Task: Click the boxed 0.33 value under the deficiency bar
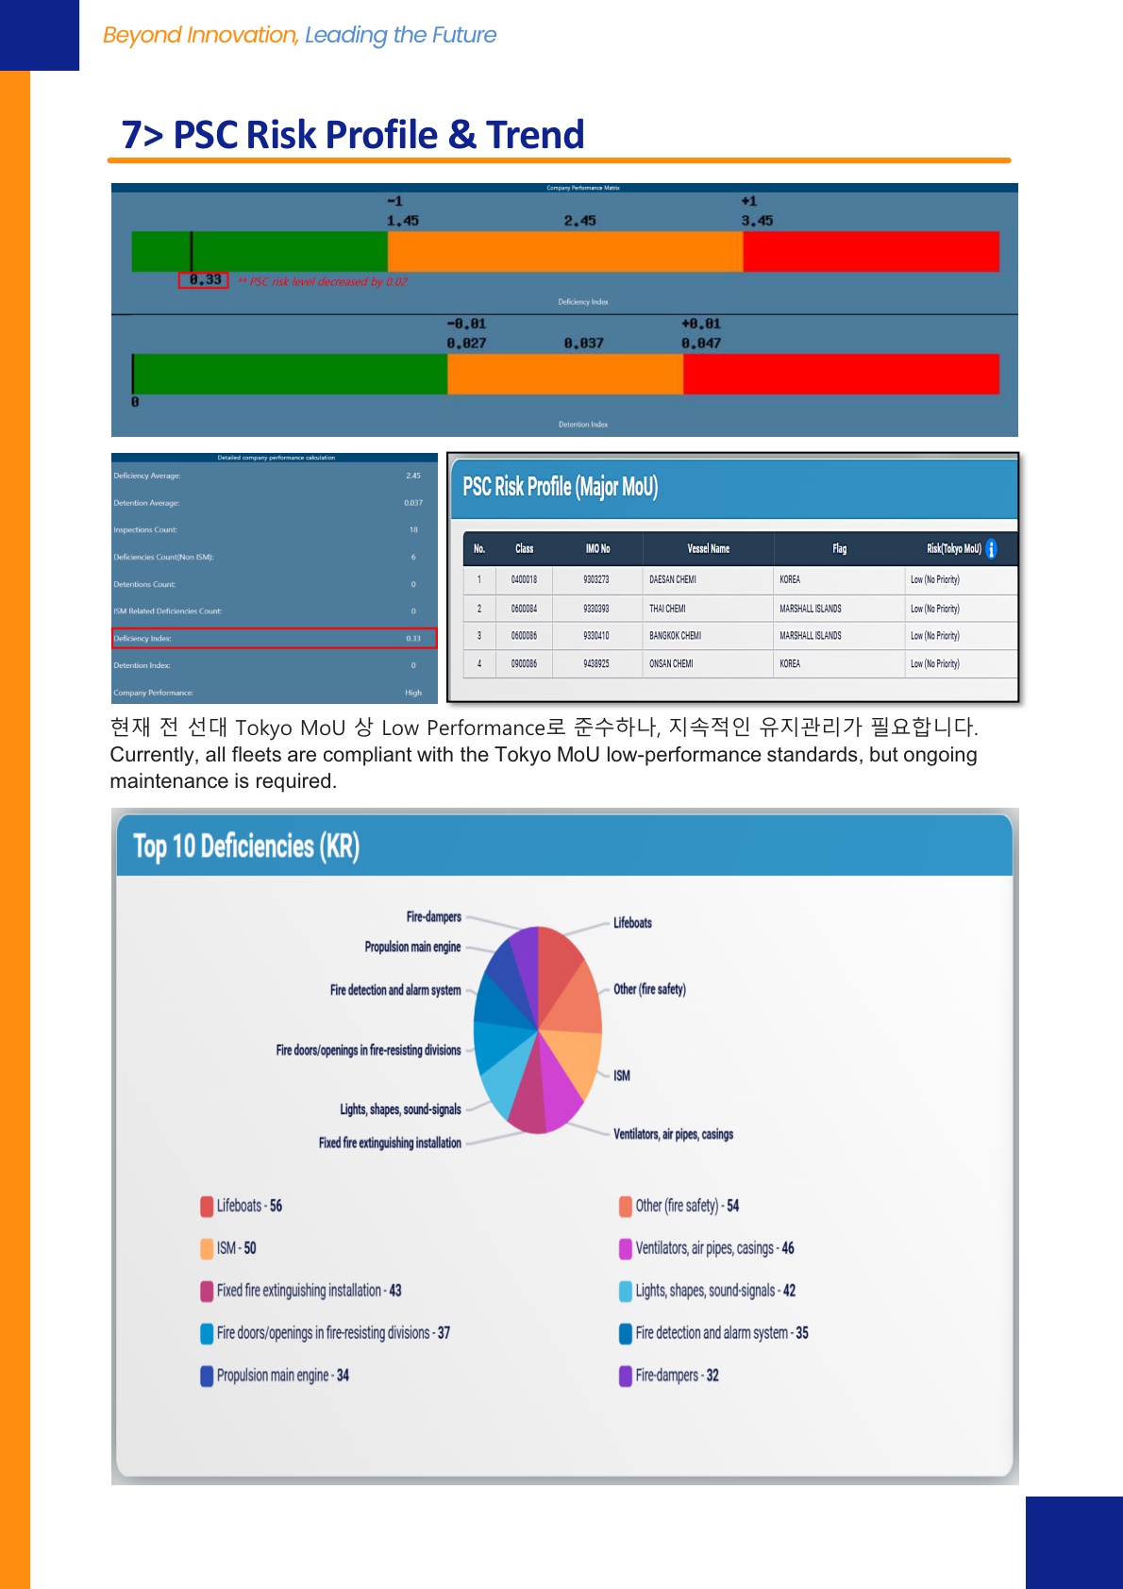click(x=204, y=280)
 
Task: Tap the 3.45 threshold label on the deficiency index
click(x=757, y=221)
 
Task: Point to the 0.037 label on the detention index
click(x=583, y=343)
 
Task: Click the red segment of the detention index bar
click(x=840, y=374)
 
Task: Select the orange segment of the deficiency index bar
click(x=564, y=252)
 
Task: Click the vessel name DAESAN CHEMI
click(x=673, y=579)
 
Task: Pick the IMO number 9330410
click(x=595, y=636)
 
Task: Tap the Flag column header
click(x=839, y=548)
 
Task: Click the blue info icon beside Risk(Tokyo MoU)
click(x=991, y=548)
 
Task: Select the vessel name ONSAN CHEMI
click(x=671, y=664)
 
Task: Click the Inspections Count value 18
click(x=413, y=530)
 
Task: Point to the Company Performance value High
click(x=413, y=693)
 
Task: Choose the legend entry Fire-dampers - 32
click(x=677, y=1376)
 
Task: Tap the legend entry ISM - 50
click(x=236, y=1248)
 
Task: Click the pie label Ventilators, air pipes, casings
click(x=673, y=1134)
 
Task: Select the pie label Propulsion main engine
click(x=412, y=947)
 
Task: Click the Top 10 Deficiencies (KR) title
click(x=246, y=846)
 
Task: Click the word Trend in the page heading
click(x=535, y=135)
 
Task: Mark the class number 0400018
click(x=524, y=579)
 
